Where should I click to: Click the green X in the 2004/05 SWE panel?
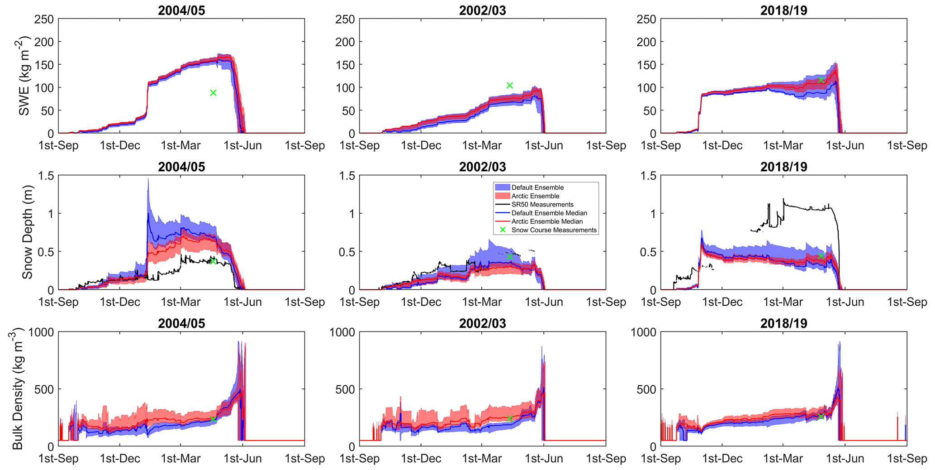213,93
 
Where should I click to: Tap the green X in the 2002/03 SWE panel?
510,86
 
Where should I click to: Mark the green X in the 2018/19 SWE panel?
821,80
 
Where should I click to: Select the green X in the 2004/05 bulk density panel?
213,419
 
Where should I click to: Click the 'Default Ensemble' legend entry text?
537,187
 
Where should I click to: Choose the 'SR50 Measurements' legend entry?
542,205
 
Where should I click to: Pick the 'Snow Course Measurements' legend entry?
554,230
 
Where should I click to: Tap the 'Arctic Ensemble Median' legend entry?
547,221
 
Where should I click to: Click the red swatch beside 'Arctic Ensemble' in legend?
502,196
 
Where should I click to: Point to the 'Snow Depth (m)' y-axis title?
27,232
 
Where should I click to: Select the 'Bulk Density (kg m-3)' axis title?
17,390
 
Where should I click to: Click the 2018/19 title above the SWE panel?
783,10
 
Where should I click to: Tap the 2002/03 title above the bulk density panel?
482,323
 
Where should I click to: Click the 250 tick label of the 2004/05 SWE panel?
44,19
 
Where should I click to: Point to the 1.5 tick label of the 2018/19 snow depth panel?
646,176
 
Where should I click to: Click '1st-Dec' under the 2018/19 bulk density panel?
722,459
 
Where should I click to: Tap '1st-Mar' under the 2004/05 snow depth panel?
181,302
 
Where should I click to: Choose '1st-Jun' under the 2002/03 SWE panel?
544,145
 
